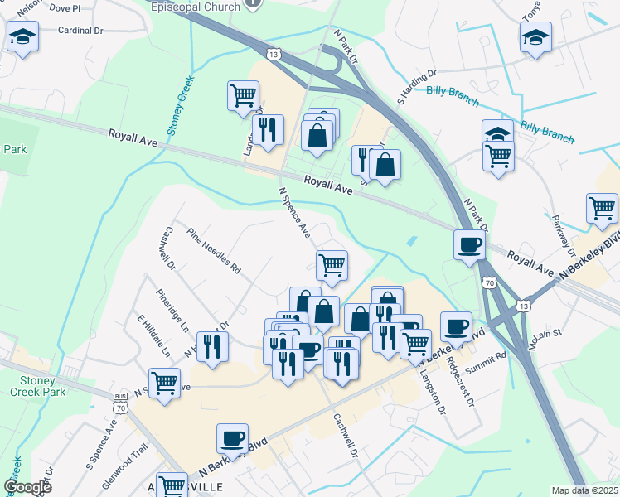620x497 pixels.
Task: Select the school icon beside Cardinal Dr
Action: [22, 37]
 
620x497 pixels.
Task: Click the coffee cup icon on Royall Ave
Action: [470, 245]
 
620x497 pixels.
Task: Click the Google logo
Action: [28, 487]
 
